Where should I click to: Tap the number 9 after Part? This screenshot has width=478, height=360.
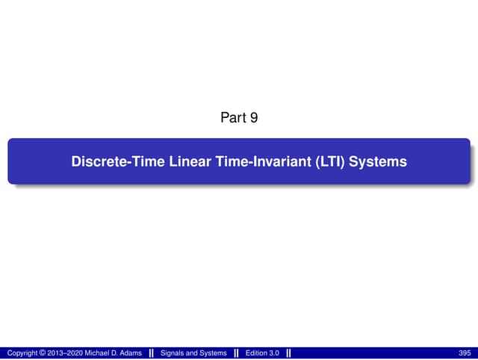pyautogui.click(x=255, y=117)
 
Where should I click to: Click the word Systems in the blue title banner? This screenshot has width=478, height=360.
pyautogui.click(x=380, y=161)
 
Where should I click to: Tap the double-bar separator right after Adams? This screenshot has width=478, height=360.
pyautogui.click(x=152, y=353)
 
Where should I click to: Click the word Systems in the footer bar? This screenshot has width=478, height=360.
pyautogui.click(x=214, y=353)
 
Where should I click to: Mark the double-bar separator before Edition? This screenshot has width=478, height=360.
pyautogui.click(x=236, y=353)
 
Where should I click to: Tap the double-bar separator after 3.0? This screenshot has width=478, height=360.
pyautogui.click(x=288, y=353)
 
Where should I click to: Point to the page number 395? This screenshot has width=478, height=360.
pyautogui.click(x=465, y=353)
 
